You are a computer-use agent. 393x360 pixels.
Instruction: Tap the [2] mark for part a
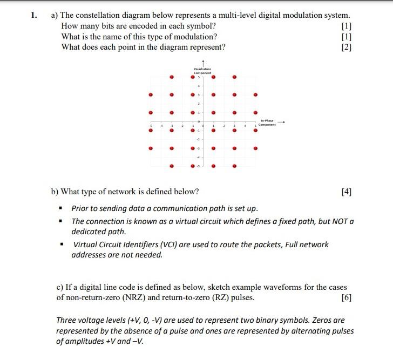[347, 47]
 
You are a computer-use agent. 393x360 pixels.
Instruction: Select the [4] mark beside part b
[347, 192]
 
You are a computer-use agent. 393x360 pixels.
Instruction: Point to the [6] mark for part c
[347, 297]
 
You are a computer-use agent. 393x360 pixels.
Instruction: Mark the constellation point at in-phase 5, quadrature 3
[256, 96]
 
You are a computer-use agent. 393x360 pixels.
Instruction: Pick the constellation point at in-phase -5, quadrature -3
[151, 148]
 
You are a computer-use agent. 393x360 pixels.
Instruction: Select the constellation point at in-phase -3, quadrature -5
[172, 166]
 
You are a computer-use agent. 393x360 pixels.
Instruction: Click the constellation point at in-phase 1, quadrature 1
[214, 113]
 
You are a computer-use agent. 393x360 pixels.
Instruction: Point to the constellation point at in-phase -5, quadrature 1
[151, 113]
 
